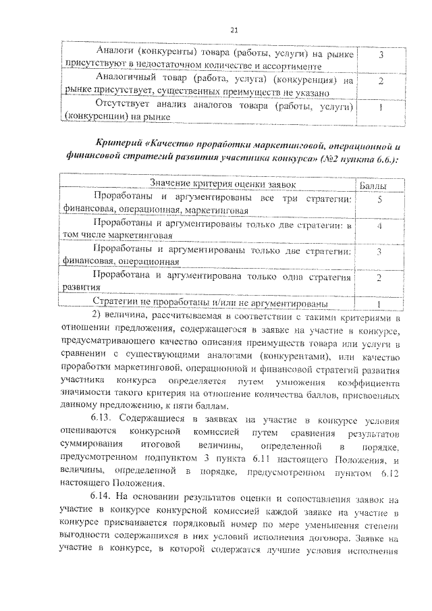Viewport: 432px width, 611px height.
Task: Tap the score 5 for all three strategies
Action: coord(381,201)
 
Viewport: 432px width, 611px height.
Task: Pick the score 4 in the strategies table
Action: coord(381,226)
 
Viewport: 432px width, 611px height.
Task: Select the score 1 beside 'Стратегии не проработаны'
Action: coord(380,303)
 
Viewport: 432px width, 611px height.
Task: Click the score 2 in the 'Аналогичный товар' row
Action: coord(381,81)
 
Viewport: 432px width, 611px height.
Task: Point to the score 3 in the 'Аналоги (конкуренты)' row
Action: coord(382,55)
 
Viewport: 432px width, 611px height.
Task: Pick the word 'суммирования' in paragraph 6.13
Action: coord(91,444)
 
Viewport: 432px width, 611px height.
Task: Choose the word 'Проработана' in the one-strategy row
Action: coord(123,277)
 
